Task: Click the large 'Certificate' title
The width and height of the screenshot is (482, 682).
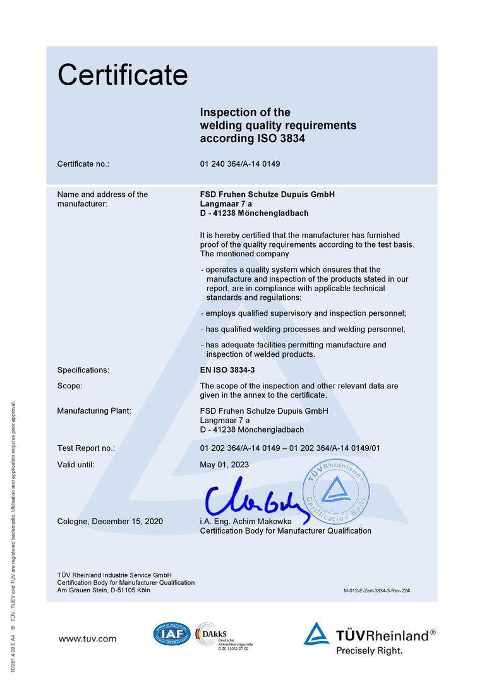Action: (123, 75)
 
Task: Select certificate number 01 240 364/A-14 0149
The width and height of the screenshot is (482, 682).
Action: (239, 164)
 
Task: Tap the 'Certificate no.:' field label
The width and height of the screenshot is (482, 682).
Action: (83, 164)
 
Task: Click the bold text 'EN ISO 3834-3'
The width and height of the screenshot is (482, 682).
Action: (227, 370)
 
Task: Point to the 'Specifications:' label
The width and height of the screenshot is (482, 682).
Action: (83, 370)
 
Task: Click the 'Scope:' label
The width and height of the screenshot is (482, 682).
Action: (70, 386)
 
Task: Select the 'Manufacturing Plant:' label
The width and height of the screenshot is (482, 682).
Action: (94, 411)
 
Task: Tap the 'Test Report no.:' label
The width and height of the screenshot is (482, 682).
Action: (87, 448)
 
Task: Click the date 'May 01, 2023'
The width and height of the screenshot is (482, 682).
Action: (224, 465)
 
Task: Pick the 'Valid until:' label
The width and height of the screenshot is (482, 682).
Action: (76, 465)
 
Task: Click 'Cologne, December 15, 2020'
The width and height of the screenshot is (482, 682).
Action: (110, 522)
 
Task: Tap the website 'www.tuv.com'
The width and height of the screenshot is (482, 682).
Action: (87, 639)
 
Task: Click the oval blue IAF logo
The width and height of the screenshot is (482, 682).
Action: (171, 633)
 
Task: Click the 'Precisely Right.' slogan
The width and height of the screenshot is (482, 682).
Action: (369, 650)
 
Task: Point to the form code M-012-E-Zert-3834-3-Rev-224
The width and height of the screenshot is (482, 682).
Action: (381, 590)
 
